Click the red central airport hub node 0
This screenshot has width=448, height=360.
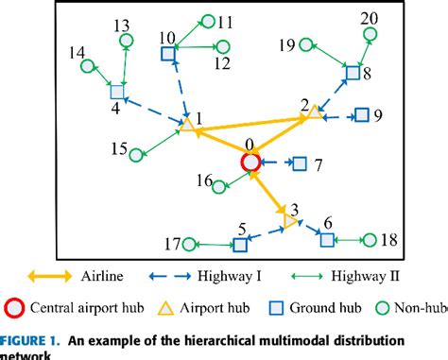coord(250,163)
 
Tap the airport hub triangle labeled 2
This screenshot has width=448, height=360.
coord(314,112)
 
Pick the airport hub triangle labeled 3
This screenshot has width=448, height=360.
coord(290,221)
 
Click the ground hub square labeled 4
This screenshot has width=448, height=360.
coord(117,93)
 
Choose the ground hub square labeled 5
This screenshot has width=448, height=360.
coord(240,245)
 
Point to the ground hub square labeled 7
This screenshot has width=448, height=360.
coord(300,164)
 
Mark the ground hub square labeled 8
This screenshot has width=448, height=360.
coord(352,73)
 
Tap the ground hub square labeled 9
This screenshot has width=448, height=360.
coord(360,116)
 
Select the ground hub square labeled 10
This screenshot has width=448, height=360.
coord(168,55)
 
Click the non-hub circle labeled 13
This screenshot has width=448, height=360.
coord(126,41)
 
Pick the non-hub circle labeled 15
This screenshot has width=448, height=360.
coord(137,154)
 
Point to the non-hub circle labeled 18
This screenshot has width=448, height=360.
coord(370,241)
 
